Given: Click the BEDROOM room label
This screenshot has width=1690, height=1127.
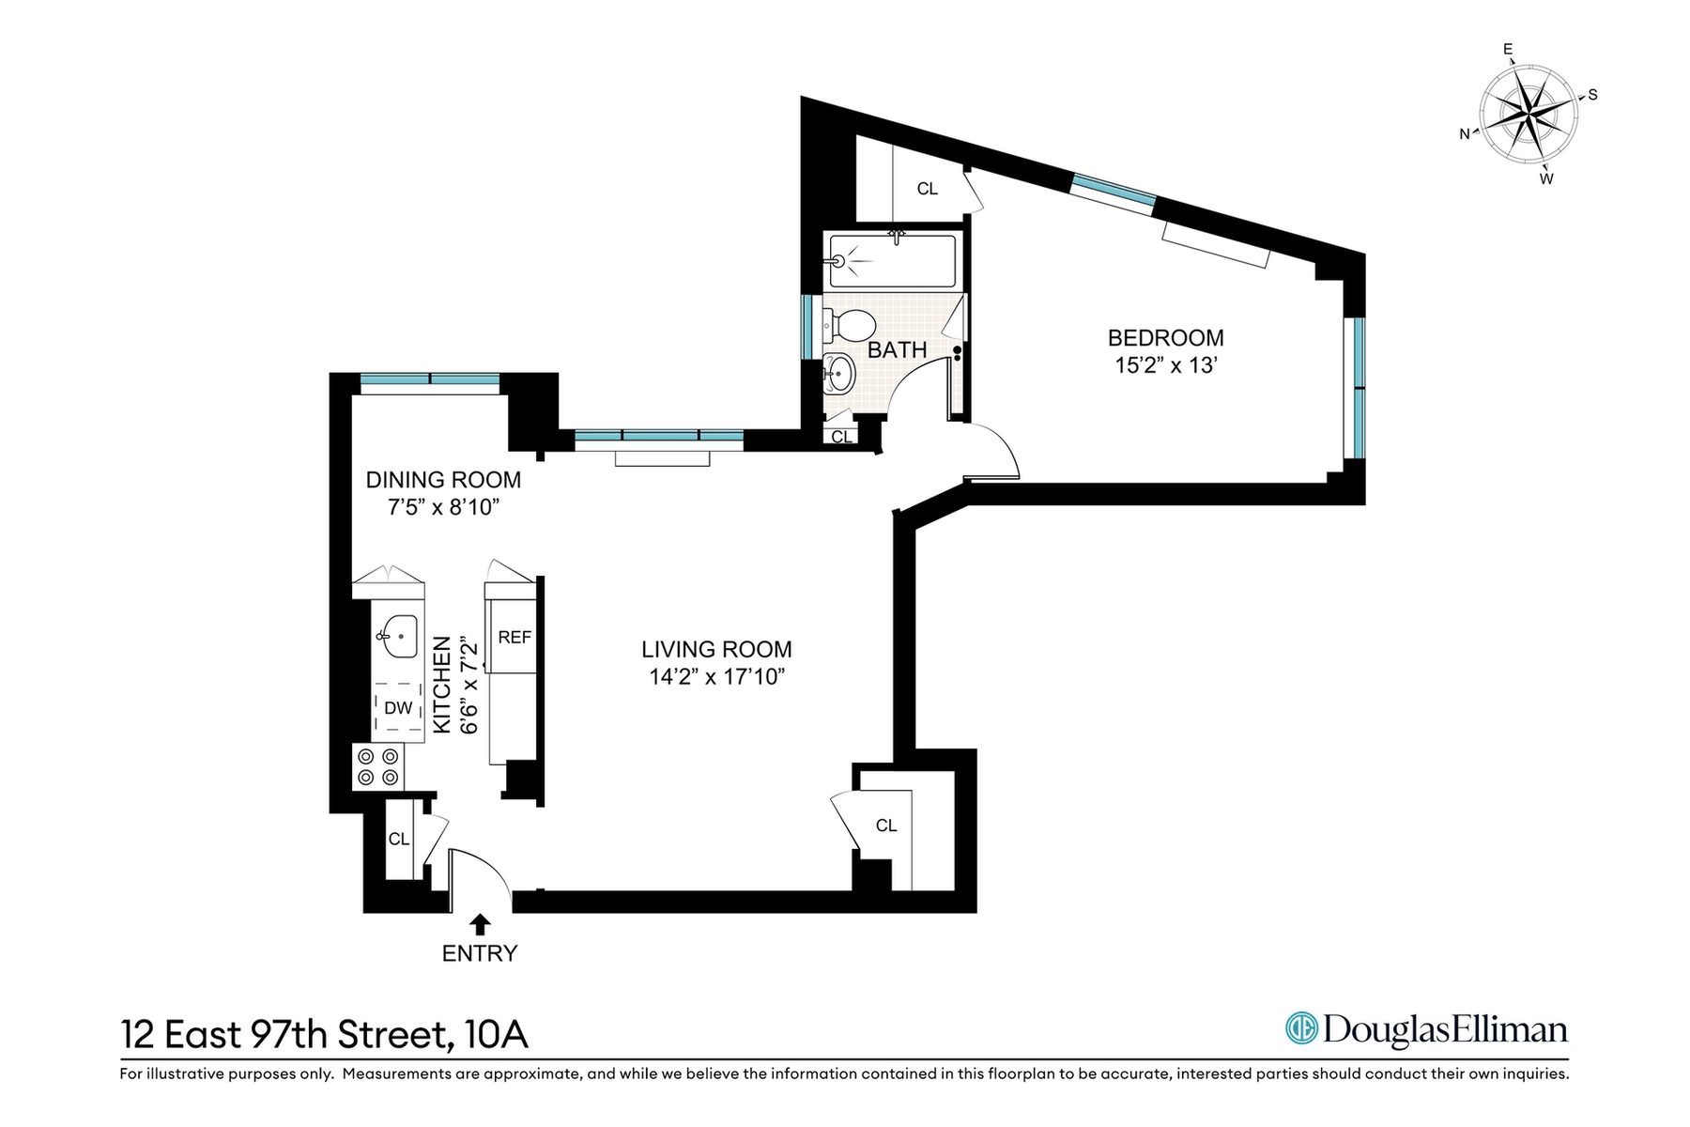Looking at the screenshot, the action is coord(1166,338).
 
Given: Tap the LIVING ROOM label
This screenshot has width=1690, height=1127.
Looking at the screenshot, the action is coord(716,649).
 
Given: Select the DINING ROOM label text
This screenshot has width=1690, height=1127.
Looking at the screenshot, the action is coord(443,480).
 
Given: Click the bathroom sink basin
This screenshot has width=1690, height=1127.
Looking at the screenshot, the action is coord(838,375).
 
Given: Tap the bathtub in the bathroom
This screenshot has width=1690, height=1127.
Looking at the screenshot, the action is coord(893,260).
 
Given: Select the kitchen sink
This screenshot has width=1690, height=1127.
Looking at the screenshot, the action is coord(398,637).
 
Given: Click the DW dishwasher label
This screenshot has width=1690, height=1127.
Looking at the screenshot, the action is coord(398,708).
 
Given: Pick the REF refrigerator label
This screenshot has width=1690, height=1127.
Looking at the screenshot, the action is coord(515,638).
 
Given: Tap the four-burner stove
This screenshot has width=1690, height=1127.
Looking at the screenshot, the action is coord(378,766).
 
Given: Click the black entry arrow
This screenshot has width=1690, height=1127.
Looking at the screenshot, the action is coord(480,924).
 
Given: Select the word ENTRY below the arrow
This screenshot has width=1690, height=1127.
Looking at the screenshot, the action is coord(480,954).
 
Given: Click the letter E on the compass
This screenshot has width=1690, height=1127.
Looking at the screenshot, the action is coord(1508,50).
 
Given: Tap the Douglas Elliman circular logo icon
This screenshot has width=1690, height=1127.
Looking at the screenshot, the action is coord(1301,1028).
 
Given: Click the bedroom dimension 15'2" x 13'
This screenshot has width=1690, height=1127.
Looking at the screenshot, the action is coord(1166,365).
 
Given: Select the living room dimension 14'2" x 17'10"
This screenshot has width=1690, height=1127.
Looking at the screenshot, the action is coord(716,677).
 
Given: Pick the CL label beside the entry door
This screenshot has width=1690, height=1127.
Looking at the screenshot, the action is coord(399,839).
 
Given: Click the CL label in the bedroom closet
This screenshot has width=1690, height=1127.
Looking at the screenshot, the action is coord(928,189).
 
